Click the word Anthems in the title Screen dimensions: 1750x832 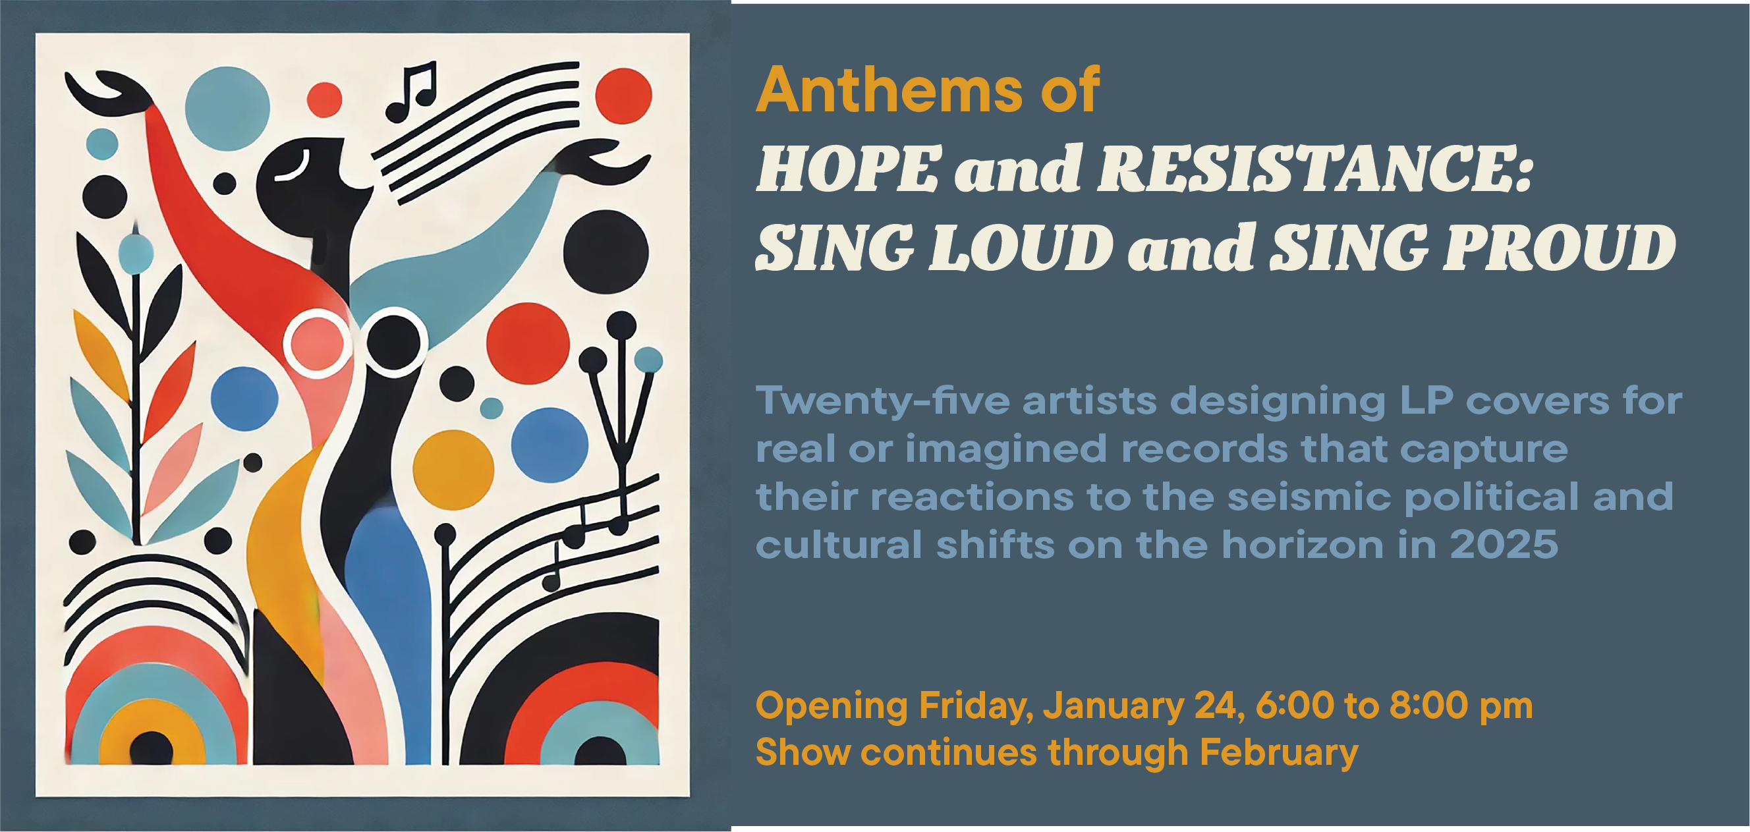pos(889,90)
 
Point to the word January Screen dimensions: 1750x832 pos(1114,706)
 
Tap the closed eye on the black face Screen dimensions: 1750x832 pos(293,169)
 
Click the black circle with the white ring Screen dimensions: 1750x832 pos(394,342)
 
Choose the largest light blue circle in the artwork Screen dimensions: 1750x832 pos(227,109)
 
